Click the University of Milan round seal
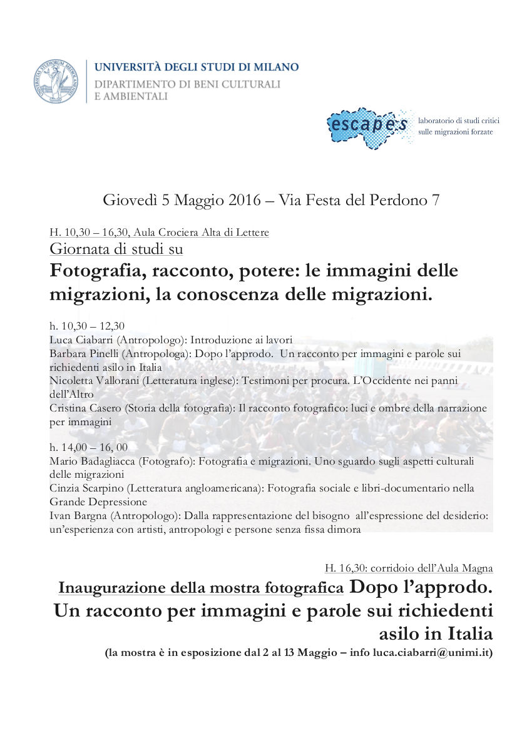click(56, 81)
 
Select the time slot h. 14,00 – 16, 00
click(88, 448)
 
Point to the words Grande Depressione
click(98, 502)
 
